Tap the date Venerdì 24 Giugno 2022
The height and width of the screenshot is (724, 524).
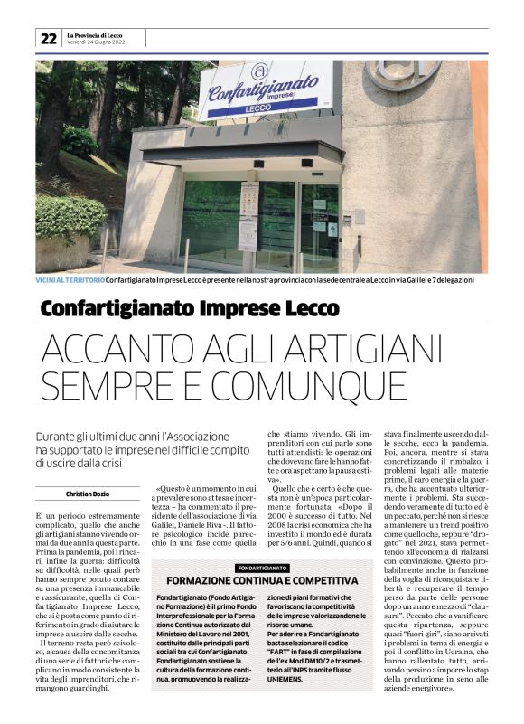[x=96, y=42]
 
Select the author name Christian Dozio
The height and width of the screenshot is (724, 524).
[x=88, y=494]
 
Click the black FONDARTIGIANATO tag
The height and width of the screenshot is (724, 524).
[x=263, y=568]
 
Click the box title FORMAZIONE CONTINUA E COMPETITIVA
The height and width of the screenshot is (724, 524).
[x=263, y=580]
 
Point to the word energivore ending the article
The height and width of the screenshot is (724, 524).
[x=443, y=688]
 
